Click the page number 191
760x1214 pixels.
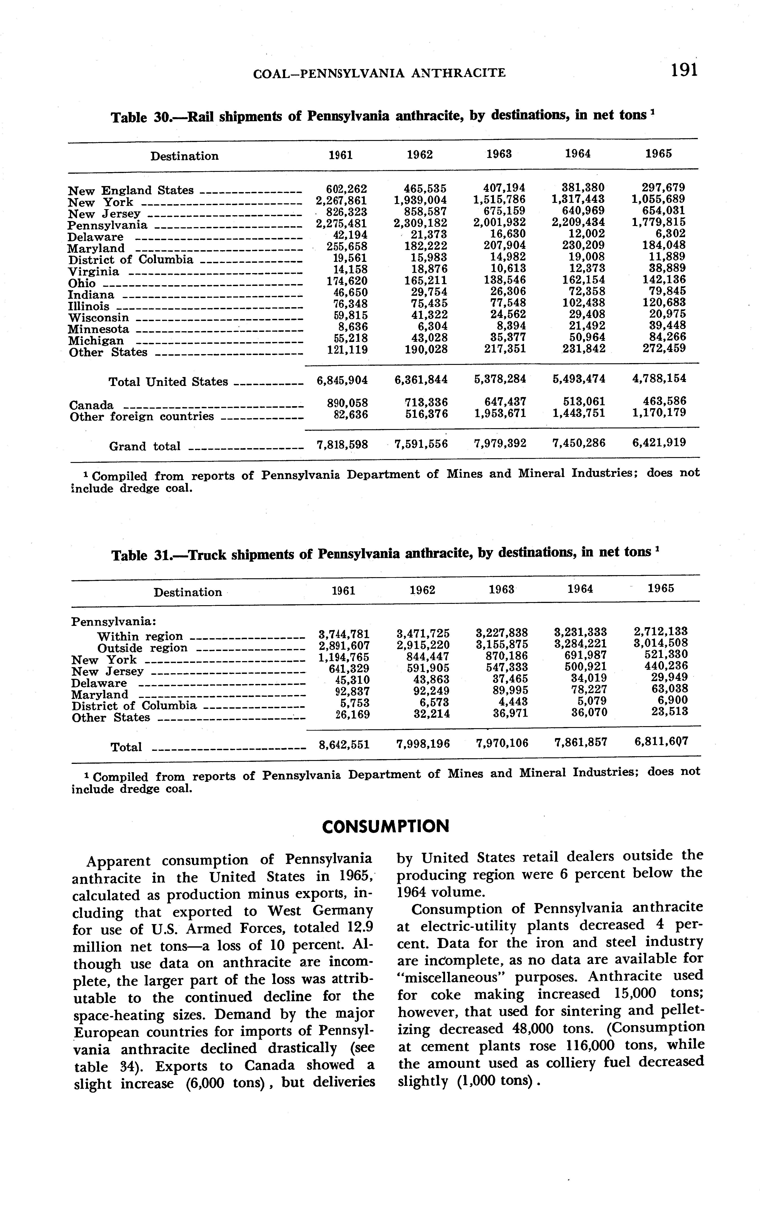pyautogui.click(x=684, y=70)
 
